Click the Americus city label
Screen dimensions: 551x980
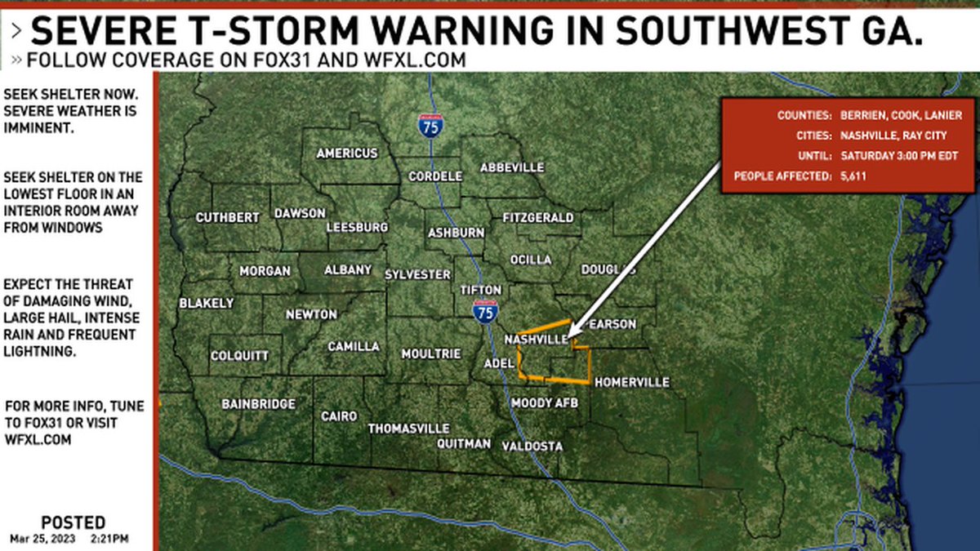click(x=347, y=153)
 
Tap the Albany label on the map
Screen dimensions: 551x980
click(x=348, y=270)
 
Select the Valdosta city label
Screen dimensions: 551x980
click(x=532, y=446)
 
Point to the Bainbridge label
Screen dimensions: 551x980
click(x=259, y=404)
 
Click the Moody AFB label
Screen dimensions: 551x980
click(x=544, y=403)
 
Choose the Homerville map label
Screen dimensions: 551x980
click(x=631, y=382)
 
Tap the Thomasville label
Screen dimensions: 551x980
click(x=408, y=429)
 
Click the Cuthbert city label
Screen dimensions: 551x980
click(x=228, y=218)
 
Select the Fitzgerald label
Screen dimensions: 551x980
click(x=538, y=218)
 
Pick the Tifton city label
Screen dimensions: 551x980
click(x=481, y=290)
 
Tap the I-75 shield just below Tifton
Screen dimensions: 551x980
click(x=485, y=312)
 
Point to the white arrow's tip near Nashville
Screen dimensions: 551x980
click(x=570, y=335)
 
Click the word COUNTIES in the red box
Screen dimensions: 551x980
click(x=804, y=116)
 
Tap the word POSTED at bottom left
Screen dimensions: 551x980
click(x=73, y=522)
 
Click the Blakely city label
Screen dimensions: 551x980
click(x=207, y=304)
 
